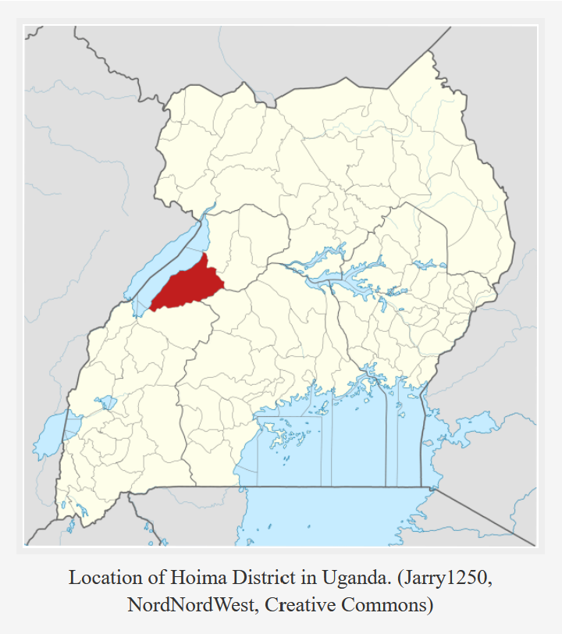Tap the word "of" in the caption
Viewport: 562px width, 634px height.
click(x=145, y=579)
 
